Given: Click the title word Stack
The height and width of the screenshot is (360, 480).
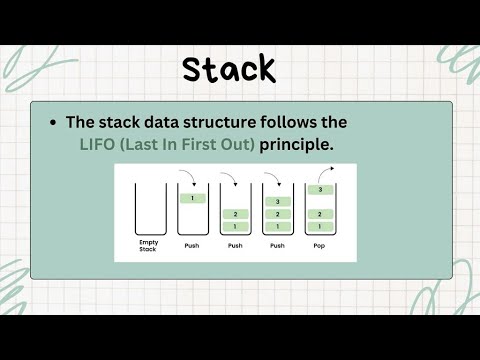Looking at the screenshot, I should pyautogui.click(x=228, y=69).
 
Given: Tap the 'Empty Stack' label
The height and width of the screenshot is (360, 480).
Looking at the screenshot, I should pyautogui.click(x=149, y=246).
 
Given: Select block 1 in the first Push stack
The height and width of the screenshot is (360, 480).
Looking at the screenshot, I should pyautogui.click(x=192, y=199).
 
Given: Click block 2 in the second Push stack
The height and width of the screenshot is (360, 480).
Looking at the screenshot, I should pyautogui.click(x=235, y=214).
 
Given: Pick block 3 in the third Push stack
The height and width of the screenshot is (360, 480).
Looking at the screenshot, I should pyautogui.click(x=277, y=201).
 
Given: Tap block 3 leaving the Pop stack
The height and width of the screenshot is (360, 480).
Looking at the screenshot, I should pyautogui.click(x=320, y=189).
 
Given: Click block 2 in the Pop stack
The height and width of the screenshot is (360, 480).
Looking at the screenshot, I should pyautogui.click(x=320, y=214).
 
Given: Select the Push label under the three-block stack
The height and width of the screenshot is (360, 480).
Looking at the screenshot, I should pyautogui.click(x=277, y=245).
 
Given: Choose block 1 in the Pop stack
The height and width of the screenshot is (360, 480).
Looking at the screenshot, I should pyautogui.click(x=320, y=227).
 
